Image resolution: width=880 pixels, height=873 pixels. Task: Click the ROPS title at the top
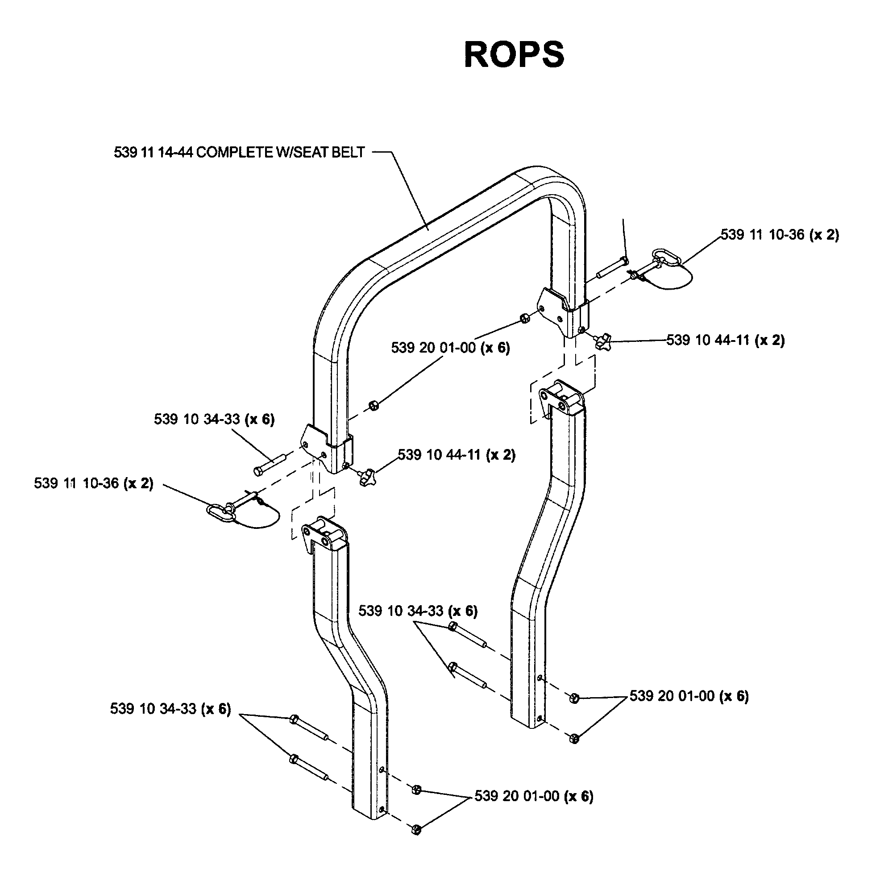pos(514,55)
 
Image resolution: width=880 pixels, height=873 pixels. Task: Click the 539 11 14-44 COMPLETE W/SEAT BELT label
pos(239,152)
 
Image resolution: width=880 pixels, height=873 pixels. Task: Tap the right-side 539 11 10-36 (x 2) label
pos(779,235)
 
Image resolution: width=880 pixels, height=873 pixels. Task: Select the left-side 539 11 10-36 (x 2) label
pos(94,483)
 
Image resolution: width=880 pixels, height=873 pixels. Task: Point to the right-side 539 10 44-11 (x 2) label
pos(726,340)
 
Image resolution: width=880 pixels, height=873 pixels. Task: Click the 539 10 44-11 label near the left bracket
pos(457,454)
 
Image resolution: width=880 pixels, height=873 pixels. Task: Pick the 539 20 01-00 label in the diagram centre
pos(450,348)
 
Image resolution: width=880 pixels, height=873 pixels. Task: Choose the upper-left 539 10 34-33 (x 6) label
pos(214,419)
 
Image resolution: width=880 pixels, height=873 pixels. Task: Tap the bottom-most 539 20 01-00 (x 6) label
pos(534,796)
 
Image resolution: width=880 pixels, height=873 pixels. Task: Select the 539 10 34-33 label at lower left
pos(170,708)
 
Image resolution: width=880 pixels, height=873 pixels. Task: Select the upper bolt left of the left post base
pos(309,728)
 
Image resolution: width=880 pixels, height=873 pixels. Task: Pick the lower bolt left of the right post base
pos(468,677)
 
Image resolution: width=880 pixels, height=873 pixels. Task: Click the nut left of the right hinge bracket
pos(524,318)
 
